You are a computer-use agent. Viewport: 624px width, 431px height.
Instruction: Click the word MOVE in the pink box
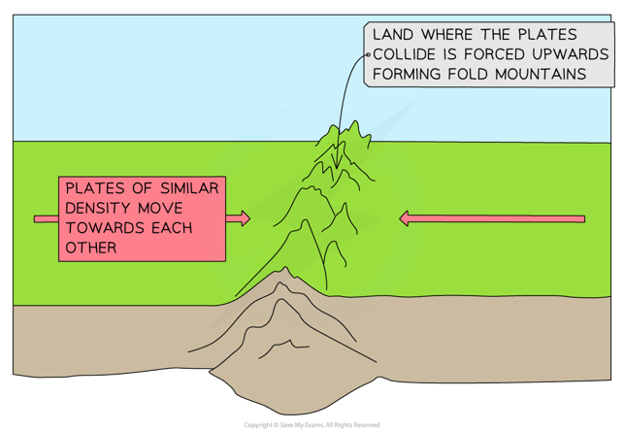click(x=161, y=206)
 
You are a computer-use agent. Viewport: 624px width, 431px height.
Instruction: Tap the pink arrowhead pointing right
click(x=243, y=219)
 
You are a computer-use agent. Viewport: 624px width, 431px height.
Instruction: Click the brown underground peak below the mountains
click(x=281, y=274)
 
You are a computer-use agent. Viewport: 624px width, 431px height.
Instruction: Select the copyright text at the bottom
click(x=312, y=425)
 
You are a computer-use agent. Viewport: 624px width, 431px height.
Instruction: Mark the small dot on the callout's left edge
click(x=368, y=54)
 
